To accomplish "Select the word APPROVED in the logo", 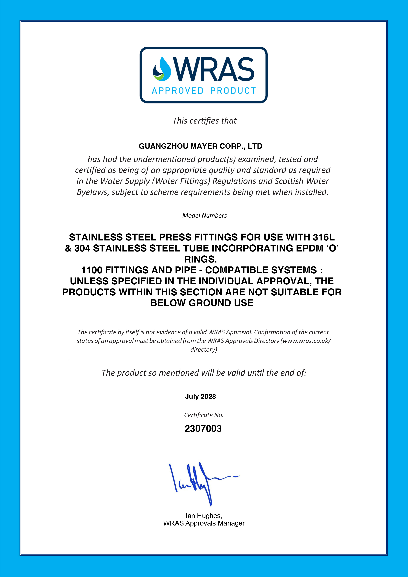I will [178, 91].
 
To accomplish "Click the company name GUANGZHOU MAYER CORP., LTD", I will [201, 146].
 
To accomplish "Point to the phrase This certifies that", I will [204, 121].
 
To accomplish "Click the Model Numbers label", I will [204, 216].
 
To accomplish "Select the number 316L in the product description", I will [324, 237].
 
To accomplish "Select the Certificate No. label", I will [204, 415].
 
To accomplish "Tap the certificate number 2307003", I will [203, 429].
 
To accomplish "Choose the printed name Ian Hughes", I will [204, 516].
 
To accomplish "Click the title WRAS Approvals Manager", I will [204, 523].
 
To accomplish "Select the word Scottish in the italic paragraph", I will [289, 181].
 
